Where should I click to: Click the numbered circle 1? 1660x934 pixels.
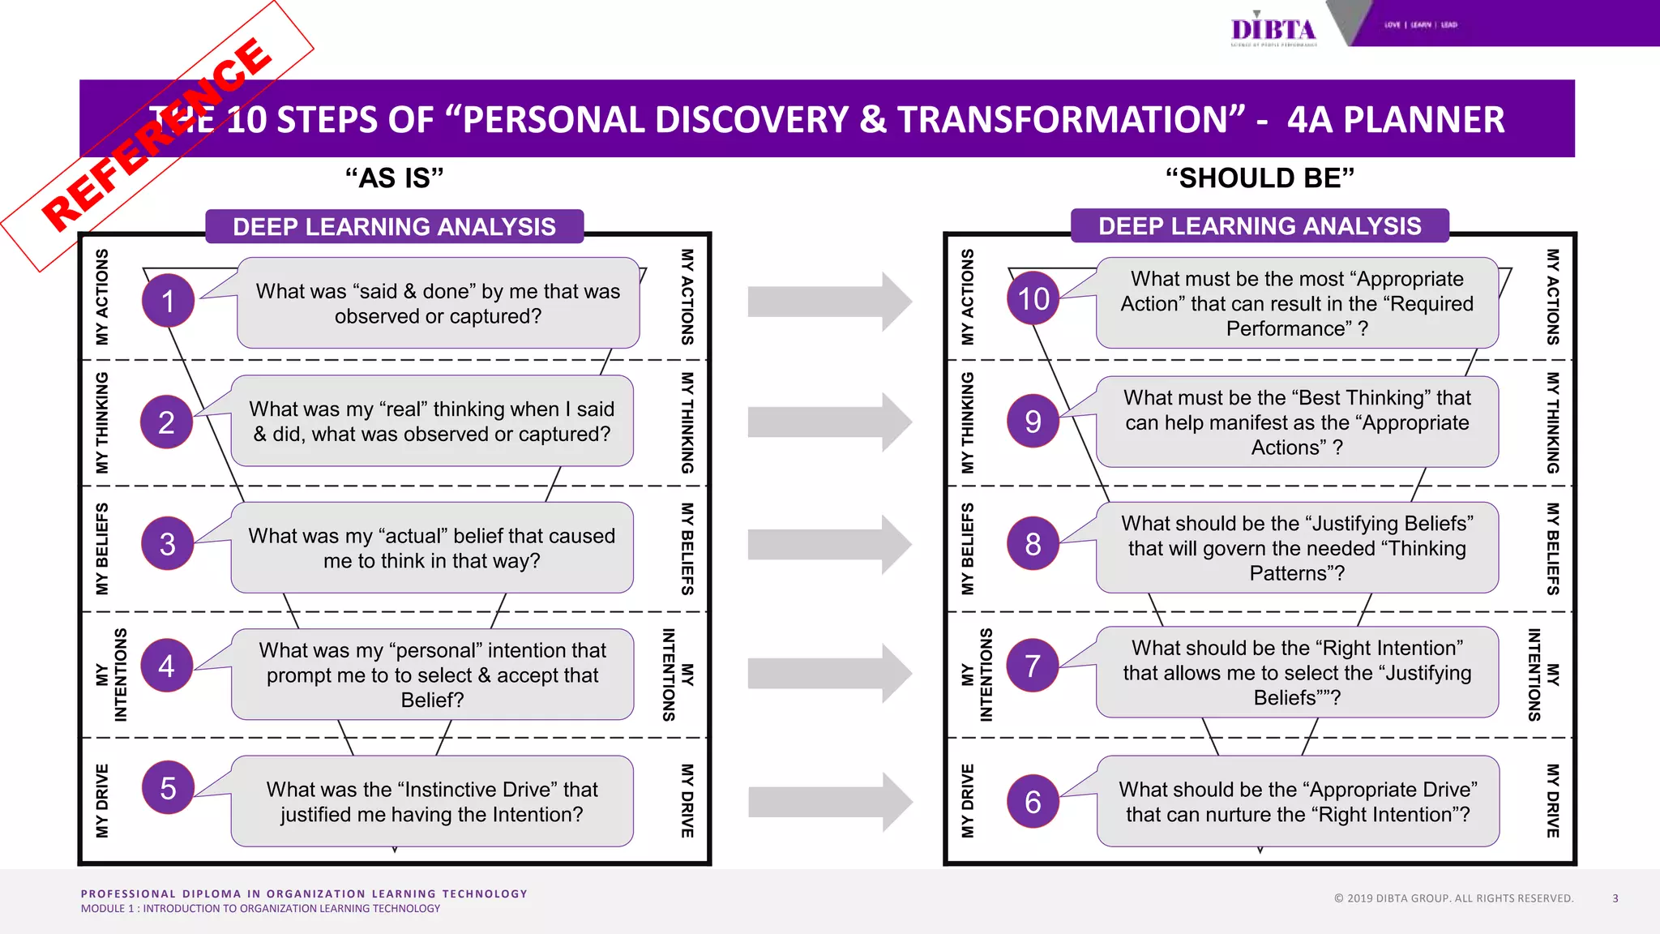coord(168,301)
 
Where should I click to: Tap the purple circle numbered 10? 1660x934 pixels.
coord(1033,299)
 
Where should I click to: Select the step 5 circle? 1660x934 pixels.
coord(168,787)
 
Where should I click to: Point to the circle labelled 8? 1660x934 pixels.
coord(1033,543)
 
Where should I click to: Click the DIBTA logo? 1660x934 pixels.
coord(1273,30)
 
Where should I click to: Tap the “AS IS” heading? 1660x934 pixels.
coord(394,178)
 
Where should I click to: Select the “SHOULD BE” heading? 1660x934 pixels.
coord(1260,178)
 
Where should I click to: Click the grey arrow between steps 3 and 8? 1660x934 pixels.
coord(828,545)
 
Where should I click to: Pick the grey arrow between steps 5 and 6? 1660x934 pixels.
coord(828,802)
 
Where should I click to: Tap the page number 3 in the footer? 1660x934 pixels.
coord(1615,898)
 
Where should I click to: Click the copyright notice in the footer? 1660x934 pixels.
coord(1453,898)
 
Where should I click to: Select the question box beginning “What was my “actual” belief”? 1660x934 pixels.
coord(432,548)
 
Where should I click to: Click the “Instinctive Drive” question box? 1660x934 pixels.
coord(432,802)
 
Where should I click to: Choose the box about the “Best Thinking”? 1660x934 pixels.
coord(1297,422)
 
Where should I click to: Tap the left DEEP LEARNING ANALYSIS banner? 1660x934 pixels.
coord(394,227)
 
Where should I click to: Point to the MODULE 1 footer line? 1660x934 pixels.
coord(260,909)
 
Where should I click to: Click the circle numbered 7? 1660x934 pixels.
coord(1033,666)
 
